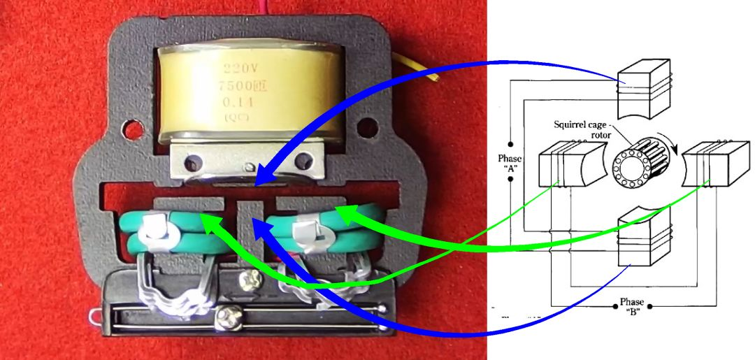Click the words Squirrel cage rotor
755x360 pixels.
[x=581, y=129]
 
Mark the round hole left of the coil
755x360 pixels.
[x=131, y=129]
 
